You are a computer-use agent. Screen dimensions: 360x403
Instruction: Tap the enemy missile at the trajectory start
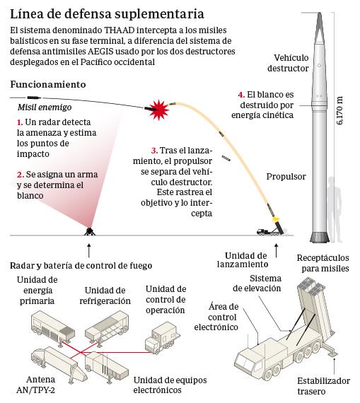click(x=34, y=98)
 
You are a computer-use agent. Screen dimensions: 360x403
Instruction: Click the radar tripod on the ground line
click(x=89, y=231)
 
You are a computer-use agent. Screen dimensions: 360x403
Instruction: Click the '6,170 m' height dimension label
click(x=339, y=110)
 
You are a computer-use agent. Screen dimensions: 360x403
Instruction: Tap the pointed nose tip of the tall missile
click(x=320, y=13)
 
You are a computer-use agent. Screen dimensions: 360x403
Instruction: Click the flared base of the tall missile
click(x=320, y=237)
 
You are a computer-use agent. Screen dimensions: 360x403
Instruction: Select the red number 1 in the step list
click(x=20, y=122)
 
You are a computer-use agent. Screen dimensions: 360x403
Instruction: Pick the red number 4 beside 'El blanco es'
click(x=241, y=95)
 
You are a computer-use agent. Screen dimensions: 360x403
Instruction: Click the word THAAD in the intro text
click(x=120, y=30)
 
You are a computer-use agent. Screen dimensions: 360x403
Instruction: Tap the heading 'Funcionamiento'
click(x=48, y=84)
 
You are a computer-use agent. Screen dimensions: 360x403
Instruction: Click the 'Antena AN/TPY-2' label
click(x=36, y=385)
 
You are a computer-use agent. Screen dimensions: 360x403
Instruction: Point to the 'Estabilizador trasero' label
click(x=323, y=386)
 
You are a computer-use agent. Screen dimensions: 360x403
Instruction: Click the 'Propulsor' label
click(x=286, y=177)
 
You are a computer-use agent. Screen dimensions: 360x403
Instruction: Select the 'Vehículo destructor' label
click(x=288, y=63)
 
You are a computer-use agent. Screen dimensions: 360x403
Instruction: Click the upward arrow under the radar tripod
click(x=89, y=250)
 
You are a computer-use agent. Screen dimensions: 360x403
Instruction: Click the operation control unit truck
click(x=162, y=338)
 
